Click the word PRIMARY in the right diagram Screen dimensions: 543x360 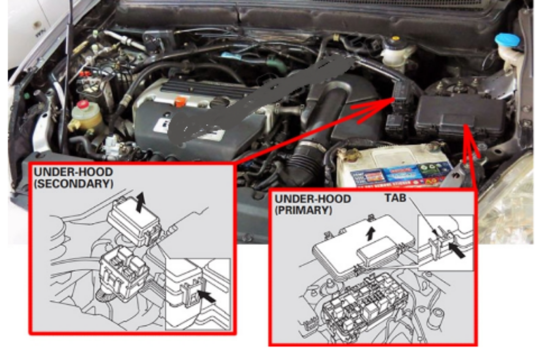coord(303,210)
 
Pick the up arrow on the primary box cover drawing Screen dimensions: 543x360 coord(370,232)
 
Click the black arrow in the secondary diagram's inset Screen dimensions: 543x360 coord(205,295)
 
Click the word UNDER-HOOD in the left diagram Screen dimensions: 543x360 coord(73,172)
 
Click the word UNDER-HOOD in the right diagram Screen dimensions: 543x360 coord(312,199)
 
